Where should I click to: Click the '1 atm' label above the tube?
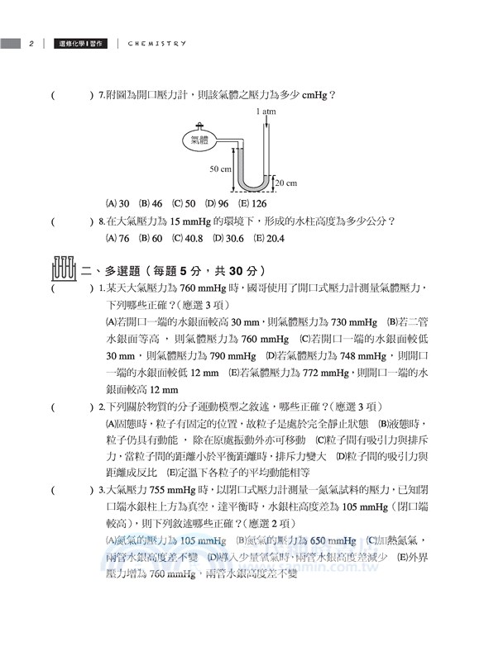pyautogui.click(x=266, y=110)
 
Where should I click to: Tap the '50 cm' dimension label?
pyautogui.click(x=219, y=168)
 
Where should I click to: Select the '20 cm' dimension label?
pyautogui.click(x=286, y=183)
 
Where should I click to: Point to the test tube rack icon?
pyautogui.click(x=64, y=269)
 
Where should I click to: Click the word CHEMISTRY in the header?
pyautogui.click(x=157, y=43)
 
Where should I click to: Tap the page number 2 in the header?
pyautogui.click(x=31, y=43)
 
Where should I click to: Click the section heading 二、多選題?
pyautogui.click(x=111, y=270)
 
